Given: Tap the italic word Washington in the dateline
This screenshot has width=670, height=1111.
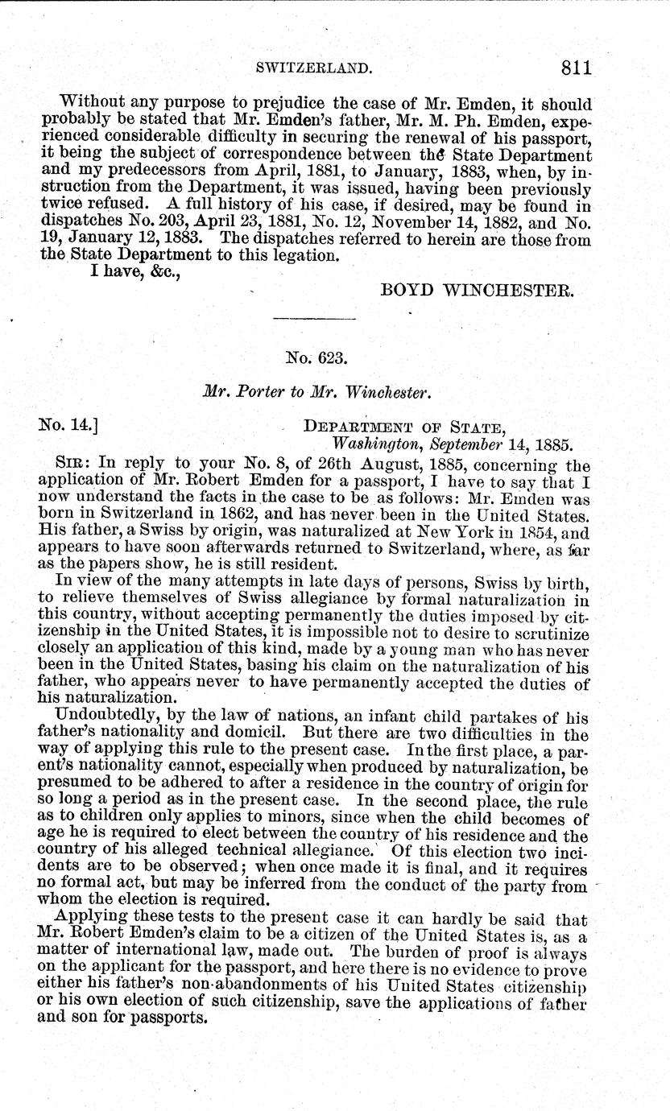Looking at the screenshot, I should pyautogui.click(x=373, y=443).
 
